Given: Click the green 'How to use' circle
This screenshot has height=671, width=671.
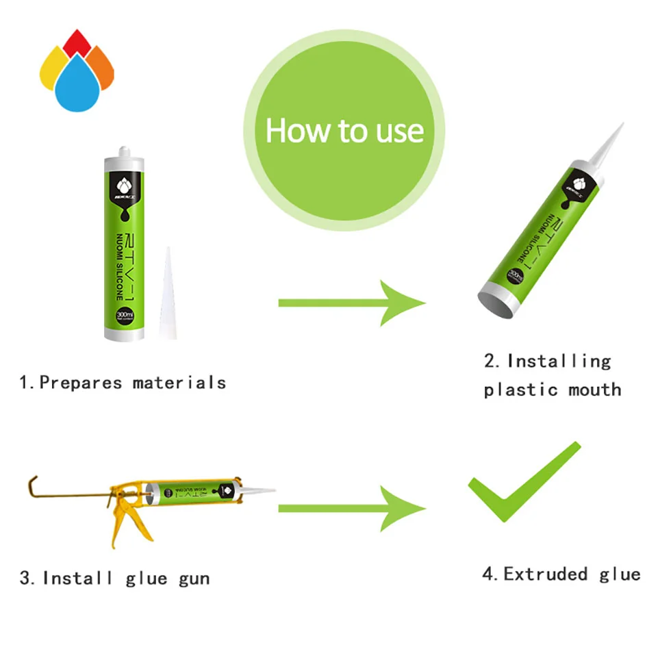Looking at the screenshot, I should (x=344, y=130).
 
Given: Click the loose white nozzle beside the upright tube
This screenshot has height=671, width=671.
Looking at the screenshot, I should (x=168, y=294).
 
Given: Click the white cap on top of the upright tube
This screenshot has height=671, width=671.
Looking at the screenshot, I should (x=124, y=152).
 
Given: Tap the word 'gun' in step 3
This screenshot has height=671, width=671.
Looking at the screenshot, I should (x=194, y=579).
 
